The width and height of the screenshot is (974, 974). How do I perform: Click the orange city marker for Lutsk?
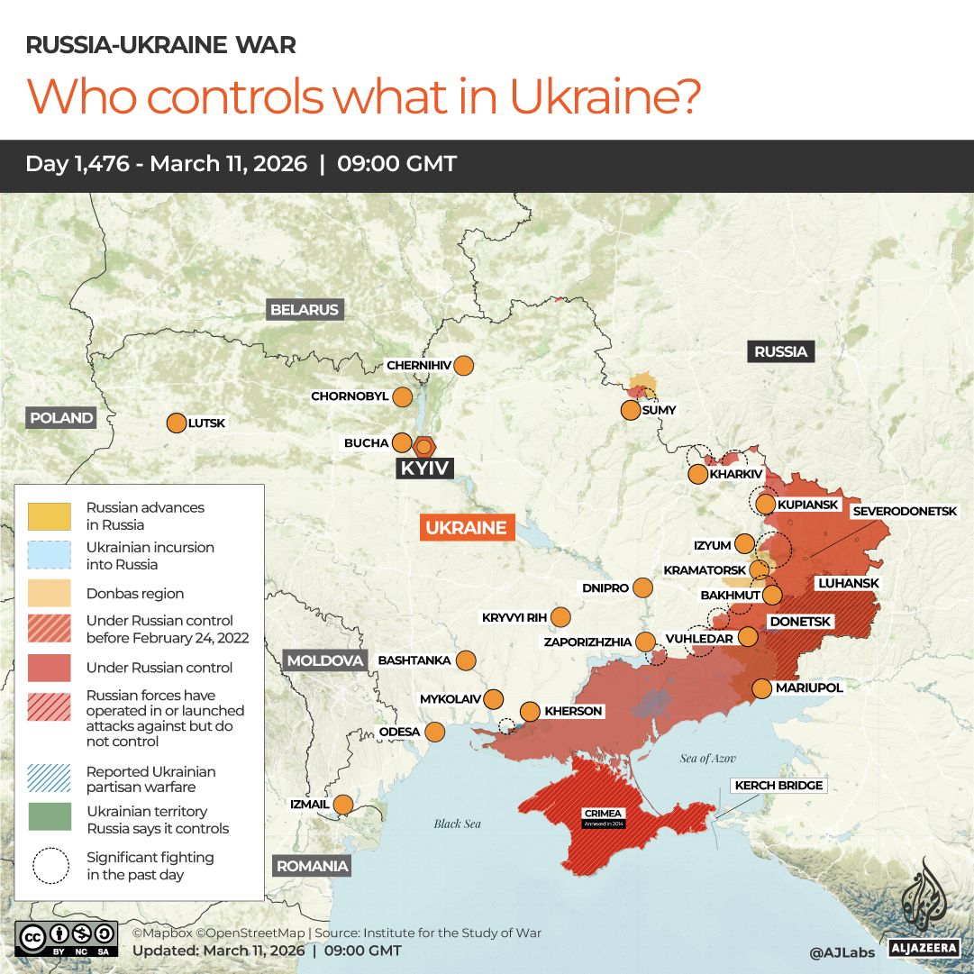click(x=176, y=423)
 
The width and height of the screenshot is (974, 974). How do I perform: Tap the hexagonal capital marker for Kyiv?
click(x=423, y=446)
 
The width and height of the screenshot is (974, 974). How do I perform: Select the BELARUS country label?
click(x=305, y=310)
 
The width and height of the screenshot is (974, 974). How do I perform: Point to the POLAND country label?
click(x=61, y=417)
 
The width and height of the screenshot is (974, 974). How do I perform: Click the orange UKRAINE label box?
click(x=466, y=528)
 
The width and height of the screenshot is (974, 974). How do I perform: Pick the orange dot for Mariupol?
click(x=761, y=688)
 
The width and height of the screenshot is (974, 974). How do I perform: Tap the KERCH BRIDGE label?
click(x=778, y=786)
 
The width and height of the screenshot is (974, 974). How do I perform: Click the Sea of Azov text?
click(x=709, y=759)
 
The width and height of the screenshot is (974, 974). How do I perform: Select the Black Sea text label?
click(x=457, y=824)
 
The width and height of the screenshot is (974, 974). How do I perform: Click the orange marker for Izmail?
click(x=343, y=804)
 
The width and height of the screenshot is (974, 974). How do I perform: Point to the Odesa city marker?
click(x=435, y=732)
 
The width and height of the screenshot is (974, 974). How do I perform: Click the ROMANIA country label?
click(x=311, y=866)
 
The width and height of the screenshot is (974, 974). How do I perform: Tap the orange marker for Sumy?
click(x=631, y=411)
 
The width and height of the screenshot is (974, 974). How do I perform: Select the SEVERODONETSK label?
click(x=904, y=511)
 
